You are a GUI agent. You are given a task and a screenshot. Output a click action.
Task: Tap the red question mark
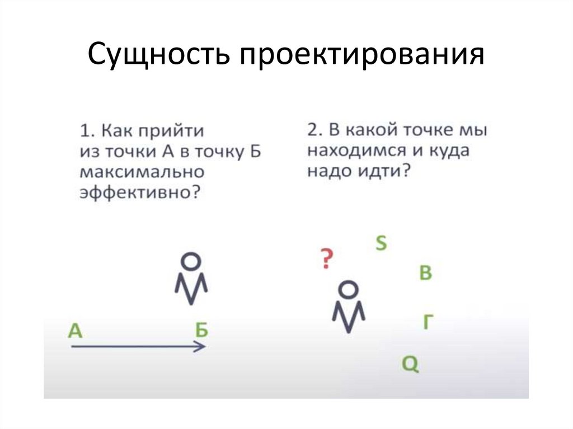coord(326,259)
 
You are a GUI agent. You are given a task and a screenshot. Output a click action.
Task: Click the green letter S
coord(381,243)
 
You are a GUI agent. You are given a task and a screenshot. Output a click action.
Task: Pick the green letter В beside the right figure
coord(426,274)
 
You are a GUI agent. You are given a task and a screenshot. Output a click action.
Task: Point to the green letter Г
coord(428,322)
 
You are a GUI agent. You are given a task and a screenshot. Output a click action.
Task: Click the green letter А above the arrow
coord(75,331)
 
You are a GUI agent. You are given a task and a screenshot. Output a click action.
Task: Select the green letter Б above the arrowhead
coord(201,330)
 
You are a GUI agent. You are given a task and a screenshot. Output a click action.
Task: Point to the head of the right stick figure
coord(348,289)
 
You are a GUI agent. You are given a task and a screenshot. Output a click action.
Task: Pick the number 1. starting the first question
coord(86,132)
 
